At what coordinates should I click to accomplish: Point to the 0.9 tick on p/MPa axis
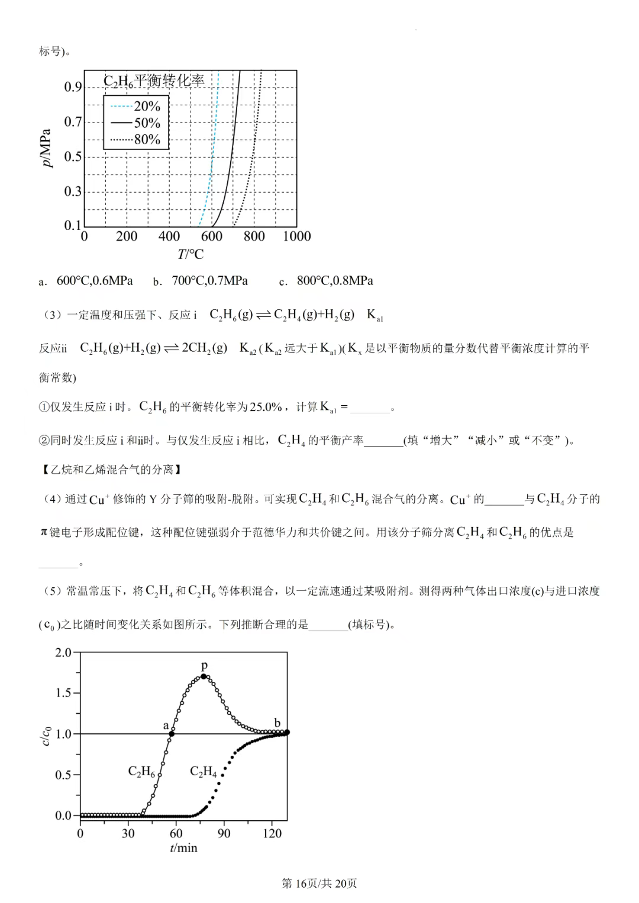click(73, 87)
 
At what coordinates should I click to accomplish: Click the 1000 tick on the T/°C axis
click(296, 237)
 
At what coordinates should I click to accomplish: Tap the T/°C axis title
click(190, 254)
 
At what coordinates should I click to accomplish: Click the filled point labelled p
click(204, 676)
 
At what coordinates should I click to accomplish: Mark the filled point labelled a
click(172, 734)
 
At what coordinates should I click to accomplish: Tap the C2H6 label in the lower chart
click(141, 772)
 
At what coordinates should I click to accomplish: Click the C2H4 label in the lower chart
click(203, 772)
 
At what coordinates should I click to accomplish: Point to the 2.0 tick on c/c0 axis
click(63, 652)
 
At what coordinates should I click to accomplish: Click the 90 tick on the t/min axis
click(224, 833)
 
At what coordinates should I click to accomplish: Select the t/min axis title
click(183, 848)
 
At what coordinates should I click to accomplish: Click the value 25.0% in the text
click(266, 407)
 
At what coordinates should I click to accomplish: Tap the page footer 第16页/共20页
click(319, 883)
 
